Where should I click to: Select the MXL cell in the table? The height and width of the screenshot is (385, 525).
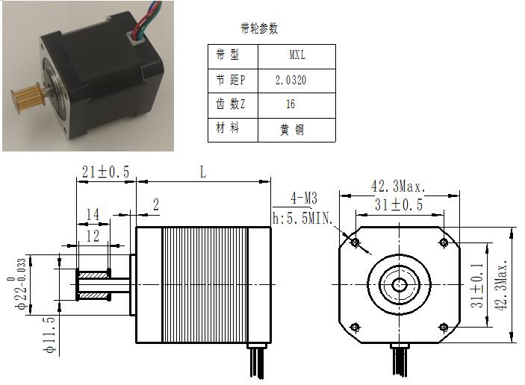(297, 56)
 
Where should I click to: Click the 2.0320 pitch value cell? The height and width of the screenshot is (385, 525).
(297, 81)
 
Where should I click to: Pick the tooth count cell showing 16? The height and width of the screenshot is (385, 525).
(297, 105)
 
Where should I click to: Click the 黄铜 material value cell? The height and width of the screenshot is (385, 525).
(297, 130)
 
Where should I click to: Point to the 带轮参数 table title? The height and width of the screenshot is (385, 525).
(259, 28)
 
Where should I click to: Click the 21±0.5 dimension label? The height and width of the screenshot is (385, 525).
(106, 172)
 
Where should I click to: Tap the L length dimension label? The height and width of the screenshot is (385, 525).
(203, 172)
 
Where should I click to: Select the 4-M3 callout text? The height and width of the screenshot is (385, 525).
(304, 198)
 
